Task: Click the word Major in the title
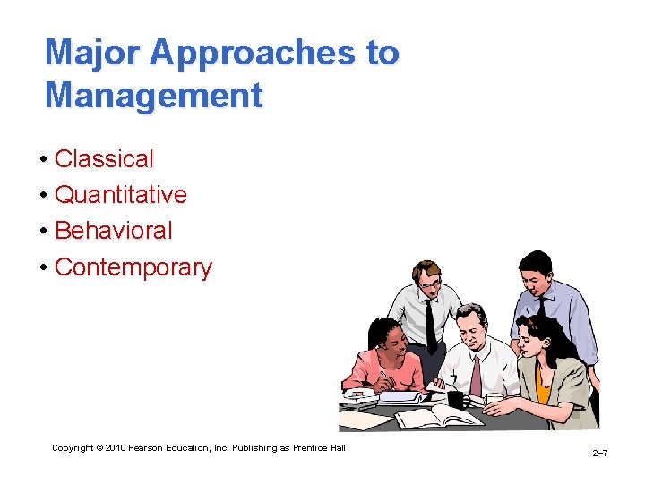tap(93, 53)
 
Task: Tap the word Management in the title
tap(154, 95)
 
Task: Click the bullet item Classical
tap(104, 159)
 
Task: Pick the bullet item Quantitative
tap(121, 195)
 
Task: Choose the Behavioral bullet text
tap(114, 231)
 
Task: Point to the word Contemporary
tap(133, 267)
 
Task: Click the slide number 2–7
tap(599, 454)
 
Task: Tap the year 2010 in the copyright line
tap(116, 447)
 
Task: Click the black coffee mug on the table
tap(455, 400)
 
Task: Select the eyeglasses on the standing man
tap(431, 284)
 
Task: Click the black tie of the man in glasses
tap(431, 324)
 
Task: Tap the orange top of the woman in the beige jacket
tap(543, 390)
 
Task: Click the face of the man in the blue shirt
tap(537, 276)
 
